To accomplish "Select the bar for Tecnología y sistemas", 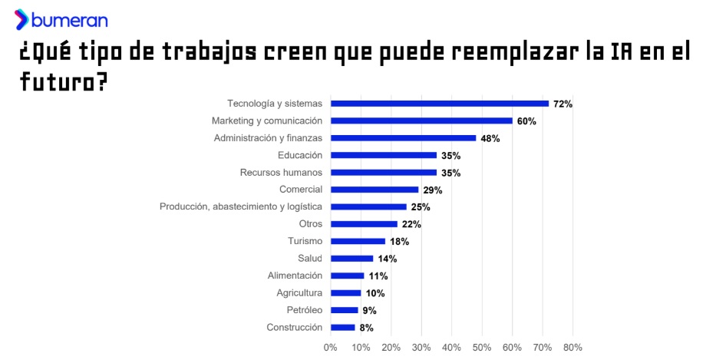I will pyautogui.click(x=440, y=104).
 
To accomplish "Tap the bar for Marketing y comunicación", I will pyautogui.click(x=421, y=121).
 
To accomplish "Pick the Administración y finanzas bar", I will pyautogui.click(x=403, y=138).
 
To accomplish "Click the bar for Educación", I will pyautogui.click(x=384, y=155).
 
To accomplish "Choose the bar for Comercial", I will pyautogui.click(x=374, y=190).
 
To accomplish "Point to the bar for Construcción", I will pyautogui.click(x=343, y=328).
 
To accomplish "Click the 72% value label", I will pyautogui.click(x=563, y=104).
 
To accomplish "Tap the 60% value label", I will pyautogui.click(x=526, y=121).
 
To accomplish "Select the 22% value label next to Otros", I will pyautogui.click(x=411, y=224).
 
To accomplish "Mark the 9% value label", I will pyautogui.click(x=369, y=311).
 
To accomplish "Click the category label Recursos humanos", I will pyautogui.click(x=281, y=173).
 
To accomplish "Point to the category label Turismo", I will pyautogui.click(x=305, y=241).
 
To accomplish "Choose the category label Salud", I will pyautogui.click(x=310, y=259).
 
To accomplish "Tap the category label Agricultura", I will pyautogui.click(x=299, y=293).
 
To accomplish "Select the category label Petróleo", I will pyautogui.click(x=304, y=310).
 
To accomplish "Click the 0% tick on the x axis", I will pyautogui.click(x=331, y=347).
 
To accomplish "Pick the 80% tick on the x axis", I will pyautogui.click(x=572, y=347).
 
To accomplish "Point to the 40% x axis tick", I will pyautogui.click(x=451, y=347).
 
